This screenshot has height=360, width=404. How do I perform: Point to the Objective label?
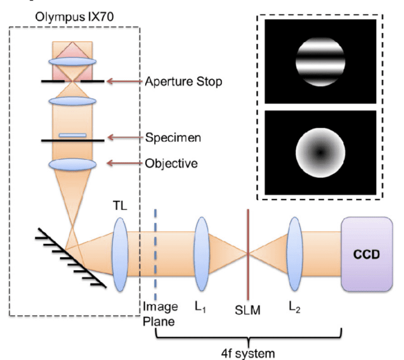171,163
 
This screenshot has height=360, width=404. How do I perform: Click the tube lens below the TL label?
120,254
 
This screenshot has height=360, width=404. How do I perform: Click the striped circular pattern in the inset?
320,60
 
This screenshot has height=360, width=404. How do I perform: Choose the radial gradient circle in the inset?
320,153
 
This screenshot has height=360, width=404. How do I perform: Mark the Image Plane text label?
160,313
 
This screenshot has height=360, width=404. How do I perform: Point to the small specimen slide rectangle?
73,135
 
